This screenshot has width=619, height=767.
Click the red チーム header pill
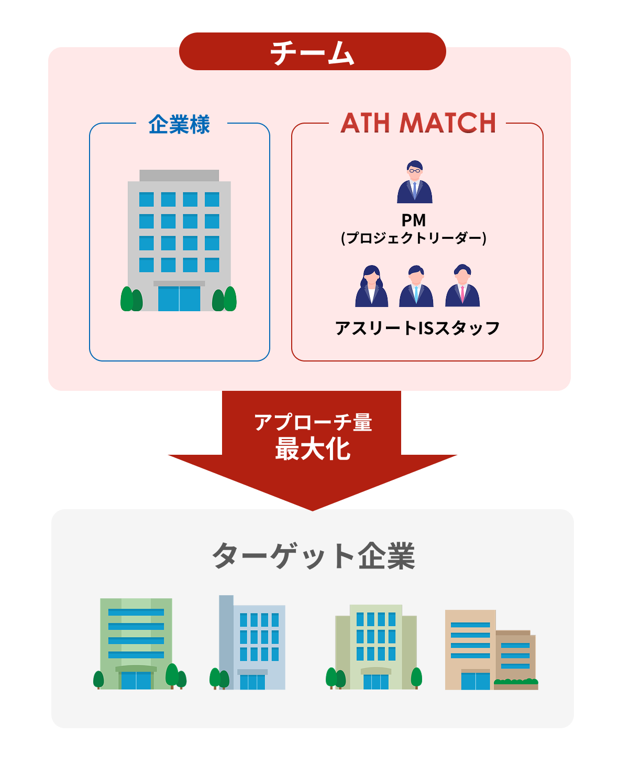312,51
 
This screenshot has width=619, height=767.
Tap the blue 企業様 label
179,125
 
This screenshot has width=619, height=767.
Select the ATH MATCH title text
418,124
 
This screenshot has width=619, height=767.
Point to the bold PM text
414,220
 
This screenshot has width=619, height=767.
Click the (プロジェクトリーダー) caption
414,238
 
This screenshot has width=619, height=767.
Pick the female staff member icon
371,287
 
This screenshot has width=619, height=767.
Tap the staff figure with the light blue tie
416,287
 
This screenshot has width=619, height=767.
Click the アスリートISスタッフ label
417,328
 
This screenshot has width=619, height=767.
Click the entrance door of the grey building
179,299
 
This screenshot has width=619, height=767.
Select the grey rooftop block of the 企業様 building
179,175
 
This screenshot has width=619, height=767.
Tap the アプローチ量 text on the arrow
313,422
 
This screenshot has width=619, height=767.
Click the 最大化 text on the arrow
313,450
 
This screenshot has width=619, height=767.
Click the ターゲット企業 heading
313,556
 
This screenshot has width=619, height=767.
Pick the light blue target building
252,643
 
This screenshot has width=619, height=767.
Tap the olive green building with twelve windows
375,647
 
